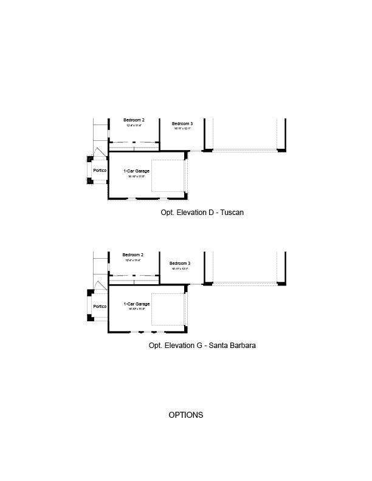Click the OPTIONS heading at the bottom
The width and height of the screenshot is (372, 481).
point(185,415)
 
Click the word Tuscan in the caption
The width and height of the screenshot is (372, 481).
point(232,213)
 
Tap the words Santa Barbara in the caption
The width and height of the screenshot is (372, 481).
point(232,346)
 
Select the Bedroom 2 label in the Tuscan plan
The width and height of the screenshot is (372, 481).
point(134,120)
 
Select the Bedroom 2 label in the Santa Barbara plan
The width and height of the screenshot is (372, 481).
point(133,254)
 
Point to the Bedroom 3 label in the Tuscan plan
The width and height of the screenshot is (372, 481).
point(182,124)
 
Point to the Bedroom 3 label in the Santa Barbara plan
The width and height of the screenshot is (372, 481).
point(180,263)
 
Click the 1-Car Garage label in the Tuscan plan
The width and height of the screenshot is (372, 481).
point(136,171)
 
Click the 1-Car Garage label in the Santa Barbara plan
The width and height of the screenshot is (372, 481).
point(136,304)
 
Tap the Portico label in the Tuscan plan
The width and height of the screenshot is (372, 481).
point(100,171)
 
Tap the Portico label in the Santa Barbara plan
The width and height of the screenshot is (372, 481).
point(100,306)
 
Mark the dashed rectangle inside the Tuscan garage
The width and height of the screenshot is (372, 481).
point(167,177)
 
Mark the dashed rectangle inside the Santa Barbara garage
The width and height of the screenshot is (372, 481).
point(167,309)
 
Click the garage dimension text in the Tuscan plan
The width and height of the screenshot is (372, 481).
point(136,177)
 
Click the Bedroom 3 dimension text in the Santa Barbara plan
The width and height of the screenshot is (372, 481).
point(180,268)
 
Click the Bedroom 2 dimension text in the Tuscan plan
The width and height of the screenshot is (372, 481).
point(134,126)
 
